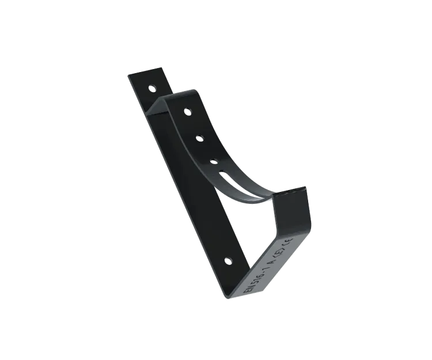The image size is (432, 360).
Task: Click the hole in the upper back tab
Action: pyautogui.click(x=151, y=88)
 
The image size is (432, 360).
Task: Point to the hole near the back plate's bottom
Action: pyautogui.click(x=227, y=260)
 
